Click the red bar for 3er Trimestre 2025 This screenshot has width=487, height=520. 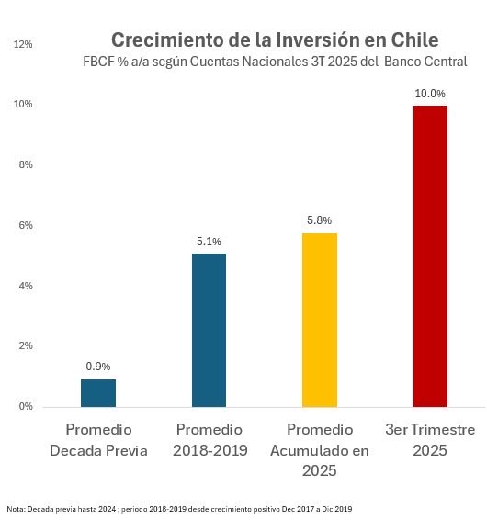tap(429, 255)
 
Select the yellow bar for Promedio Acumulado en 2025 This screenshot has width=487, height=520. tap(319, 319)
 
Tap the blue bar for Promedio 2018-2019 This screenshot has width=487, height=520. tap(209, 329)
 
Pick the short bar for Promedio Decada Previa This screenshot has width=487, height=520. tap(98, 392)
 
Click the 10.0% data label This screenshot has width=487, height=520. tap(429, 94)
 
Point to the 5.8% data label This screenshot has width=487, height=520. tap(319, 220)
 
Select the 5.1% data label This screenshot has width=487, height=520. tap(209, 242)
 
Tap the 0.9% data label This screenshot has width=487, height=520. tap(98, 367)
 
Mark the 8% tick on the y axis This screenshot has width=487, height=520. tap(26, 165)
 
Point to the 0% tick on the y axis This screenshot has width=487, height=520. tap(26, 406)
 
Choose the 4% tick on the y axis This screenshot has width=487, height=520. tap(26, 286)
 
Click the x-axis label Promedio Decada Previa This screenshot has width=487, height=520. tap(98, 440)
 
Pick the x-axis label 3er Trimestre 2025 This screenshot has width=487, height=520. tap(429, 440)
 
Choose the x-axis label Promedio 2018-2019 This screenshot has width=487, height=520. tap(209, 440)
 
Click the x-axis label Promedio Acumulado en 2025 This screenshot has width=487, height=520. tap(319, 450)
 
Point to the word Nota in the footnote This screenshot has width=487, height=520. tap(15, 508)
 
